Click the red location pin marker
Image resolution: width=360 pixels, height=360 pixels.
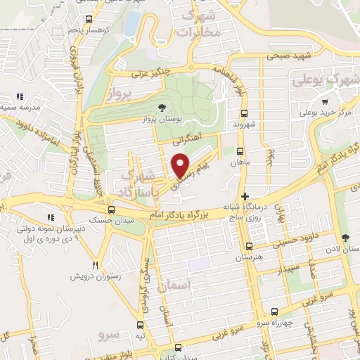click(181, 165)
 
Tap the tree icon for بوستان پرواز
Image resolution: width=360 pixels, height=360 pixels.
click(163, 108)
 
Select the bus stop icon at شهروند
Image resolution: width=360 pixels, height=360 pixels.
click(244, 113)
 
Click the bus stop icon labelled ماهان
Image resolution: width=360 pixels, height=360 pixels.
click(240, 151)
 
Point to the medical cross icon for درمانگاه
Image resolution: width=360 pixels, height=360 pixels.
click(244, 196)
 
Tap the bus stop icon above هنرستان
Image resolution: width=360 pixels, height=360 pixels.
click(249, 246)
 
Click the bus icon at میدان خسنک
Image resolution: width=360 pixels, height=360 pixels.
click(111, 210)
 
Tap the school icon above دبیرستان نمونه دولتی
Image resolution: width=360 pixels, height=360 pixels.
click(49, 217)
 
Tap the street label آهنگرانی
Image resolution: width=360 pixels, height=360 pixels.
click(188, 140)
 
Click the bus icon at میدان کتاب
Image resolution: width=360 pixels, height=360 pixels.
click(178, 347)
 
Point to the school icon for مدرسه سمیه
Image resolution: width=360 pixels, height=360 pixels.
click(21, 96)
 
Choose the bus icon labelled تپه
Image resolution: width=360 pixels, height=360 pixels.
click(141, 325)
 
